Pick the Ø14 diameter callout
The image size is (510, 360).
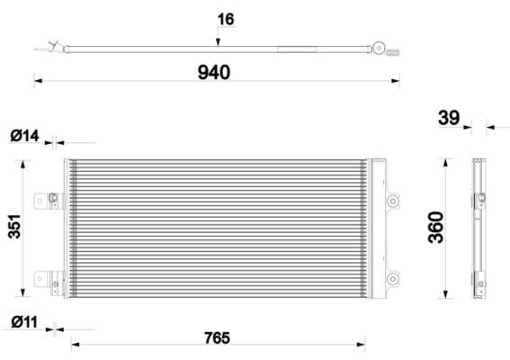[25, 136]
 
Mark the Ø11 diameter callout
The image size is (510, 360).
[25, 321]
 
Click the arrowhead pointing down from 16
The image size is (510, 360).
[217, 40]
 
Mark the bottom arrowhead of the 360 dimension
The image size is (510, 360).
[447, 298]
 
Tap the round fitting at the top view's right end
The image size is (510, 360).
[383, 46]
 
